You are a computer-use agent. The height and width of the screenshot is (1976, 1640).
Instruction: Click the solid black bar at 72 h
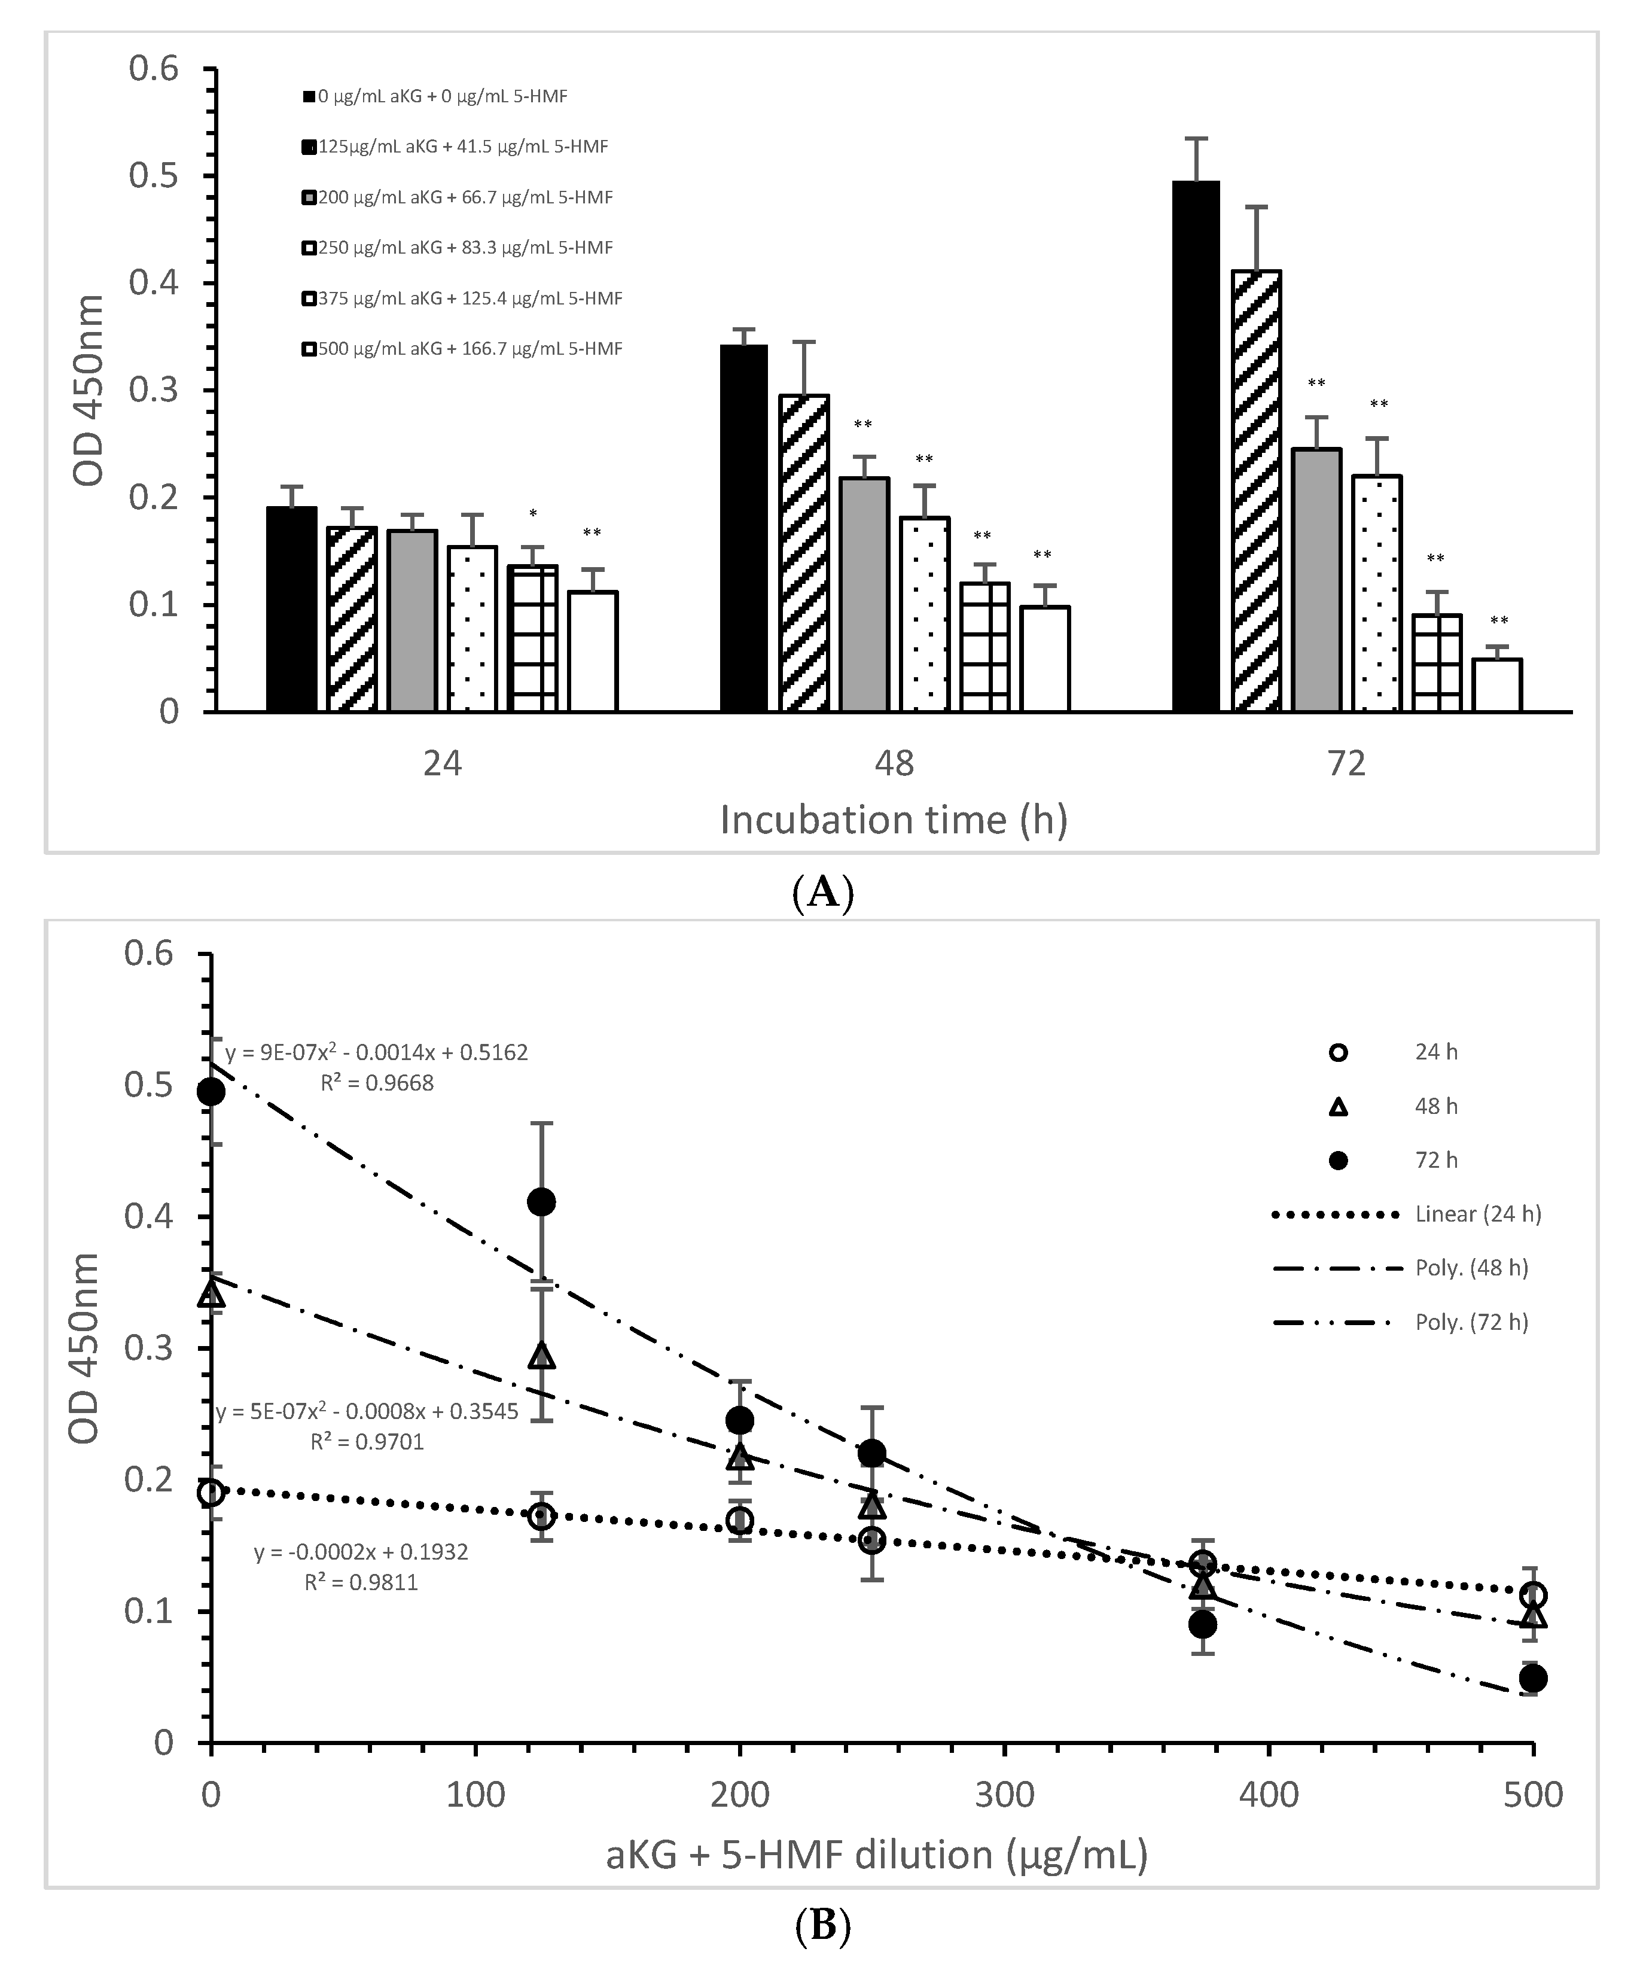1196,446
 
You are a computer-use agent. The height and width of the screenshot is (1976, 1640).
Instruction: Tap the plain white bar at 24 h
593,651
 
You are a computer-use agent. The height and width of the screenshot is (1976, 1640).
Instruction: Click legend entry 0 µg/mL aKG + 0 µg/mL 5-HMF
442,96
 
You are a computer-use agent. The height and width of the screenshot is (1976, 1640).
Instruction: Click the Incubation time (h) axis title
894,820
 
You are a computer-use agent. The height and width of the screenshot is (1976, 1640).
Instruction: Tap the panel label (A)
824,891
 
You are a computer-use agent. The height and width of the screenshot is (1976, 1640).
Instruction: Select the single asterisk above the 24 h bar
532,514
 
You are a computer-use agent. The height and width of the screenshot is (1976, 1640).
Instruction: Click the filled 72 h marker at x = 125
541,1202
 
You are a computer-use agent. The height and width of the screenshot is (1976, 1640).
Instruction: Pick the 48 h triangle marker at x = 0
212,1295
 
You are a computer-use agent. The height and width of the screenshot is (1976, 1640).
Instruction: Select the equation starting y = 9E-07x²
376,1052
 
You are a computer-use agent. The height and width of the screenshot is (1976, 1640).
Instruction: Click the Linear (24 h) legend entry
1477,1214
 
